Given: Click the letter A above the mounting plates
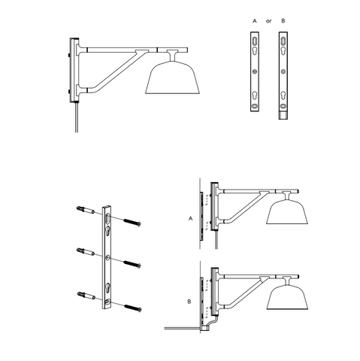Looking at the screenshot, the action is (x=254, y=21).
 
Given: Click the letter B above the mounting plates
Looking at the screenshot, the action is (x=283, y=21).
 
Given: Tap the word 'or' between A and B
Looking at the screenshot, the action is (x=268, y=21).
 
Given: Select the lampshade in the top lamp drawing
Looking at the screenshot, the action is (x=172, y=77).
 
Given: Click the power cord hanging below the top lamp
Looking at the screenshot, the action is (x=77, y=117).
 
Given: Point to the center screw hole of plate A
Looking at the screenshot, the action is (x=255, y=72).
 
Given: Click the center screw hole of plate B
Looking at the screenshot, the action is (x=283, y=72).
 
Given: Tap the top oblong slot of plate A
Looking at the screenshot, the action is (x=255, y=41).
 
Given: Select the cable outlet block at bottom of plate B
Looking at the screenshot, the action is (x=283, y=115).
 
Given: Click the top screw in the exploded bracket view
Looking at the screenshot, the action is (x=132, y=222).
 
